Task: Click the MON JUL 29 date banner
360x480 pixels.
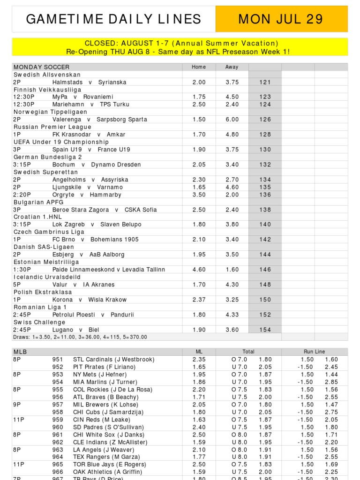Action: (x=281, y=19)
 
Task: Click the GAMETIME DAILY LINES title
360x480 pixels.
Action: (x=113, y=19)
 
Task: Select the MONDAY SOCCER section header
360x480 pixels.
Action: (x=41, y=67)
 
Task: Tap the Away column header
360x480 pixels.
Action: (x=232, y=67)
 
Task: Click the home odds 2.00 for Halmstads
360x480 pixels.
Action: (x=199, y=82)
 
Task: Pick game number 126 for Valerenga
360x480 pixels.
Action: (x=265, y=120)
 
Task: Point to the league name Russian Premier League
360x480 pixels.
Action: (x=52, y=127)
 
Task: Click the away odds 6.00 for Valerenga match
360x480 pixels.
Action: (x=232, y=120)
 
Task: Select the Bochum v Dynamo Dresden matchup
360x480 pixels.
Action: (x=97, y=165)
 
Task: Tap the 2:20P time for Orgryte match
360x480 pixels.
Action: (x=22, y=195)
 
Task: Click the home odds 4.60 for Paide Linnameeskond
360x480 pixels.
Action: (x=199, y=270)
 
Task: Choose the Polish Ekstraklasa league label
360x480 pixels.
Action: (x=45, y=292)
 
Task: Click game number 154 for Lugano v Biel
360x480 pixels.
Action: (x=265, y=330)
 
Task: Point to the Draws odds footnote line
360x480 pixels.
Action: (x=80, y=337)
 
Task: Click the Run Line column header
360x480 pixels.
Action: (x=314, y=352)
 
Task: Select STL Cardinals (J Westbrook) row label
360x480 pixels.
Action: (x=113, y=360)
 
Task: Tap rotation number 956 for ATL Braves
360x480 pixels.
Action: (x=58, y=397)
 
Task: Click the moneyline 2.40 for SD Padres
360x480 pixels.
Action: (x=199, y=427)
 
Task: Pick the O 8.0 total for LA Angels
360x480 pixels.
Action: (x=239, y=450)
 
